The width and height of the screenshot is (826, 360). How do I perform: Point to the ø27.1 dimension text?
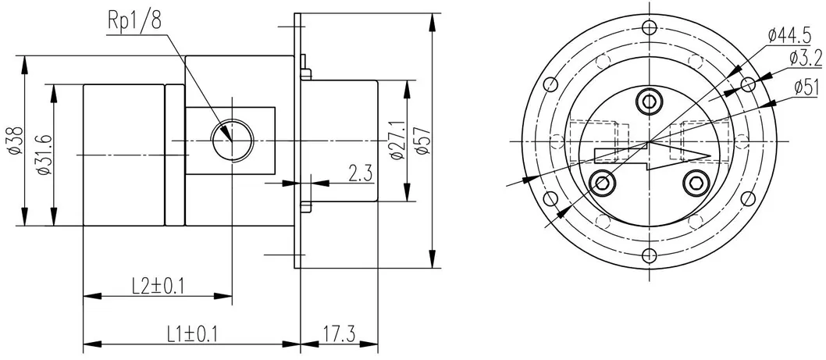396,141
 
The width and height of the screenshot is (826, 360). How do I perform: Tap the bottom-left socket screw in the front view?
603,183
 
